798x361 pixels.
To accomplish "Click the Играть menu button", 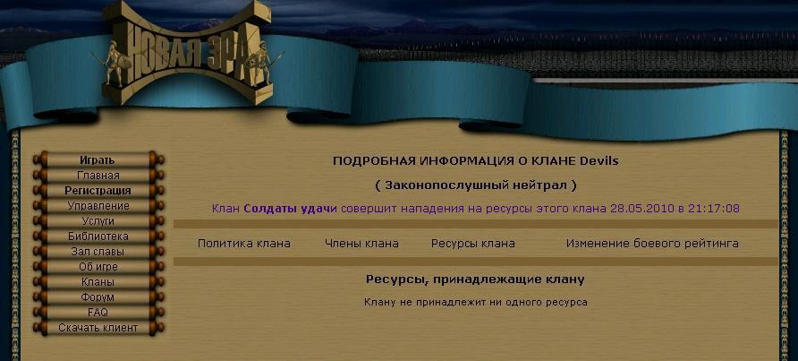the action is (x=98, y=159).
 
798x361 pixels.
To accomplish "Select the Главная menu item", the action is (x=98, y=175).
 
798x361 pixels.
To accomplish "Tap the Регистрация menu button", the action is (x=98, y=190).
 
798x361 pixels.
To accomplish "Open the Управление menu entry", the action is (x=98, y=205).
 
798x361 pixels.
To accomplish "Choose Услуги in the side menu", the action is (x=98, y=220).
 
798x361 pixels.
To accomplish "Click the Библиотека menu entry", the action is (x=98, y=236).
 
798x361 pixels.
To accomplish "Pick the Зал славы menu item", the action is (x=98, y=252).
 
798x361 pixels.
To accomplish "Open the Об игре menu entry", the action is (x=98, y=267).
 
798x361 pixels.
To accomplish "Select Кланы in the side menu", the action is (x=98, y=281).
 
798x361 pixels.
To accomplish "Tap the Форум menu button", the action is (x=98, y=297).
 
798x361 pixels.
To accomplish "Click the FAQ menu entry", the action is (x=98, y=312).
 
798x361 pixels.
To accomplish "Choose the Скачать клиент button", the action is (x=98, y=327).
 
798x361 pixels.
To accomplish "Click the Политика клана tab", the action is (x=243, y=244).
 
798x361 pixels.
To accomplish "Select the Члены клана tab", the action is (x=361, y=244).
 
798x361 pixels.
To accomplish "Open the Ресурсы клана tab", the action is (x=472, y=244).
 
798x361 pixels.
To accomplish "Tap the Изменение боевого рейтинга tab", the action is (x=652, y=244).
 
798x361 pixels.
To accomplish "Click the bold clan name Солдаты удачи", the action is (x=290, y=208).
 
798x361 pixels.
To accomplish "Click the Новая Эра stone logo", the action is (x=187, y=53).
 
